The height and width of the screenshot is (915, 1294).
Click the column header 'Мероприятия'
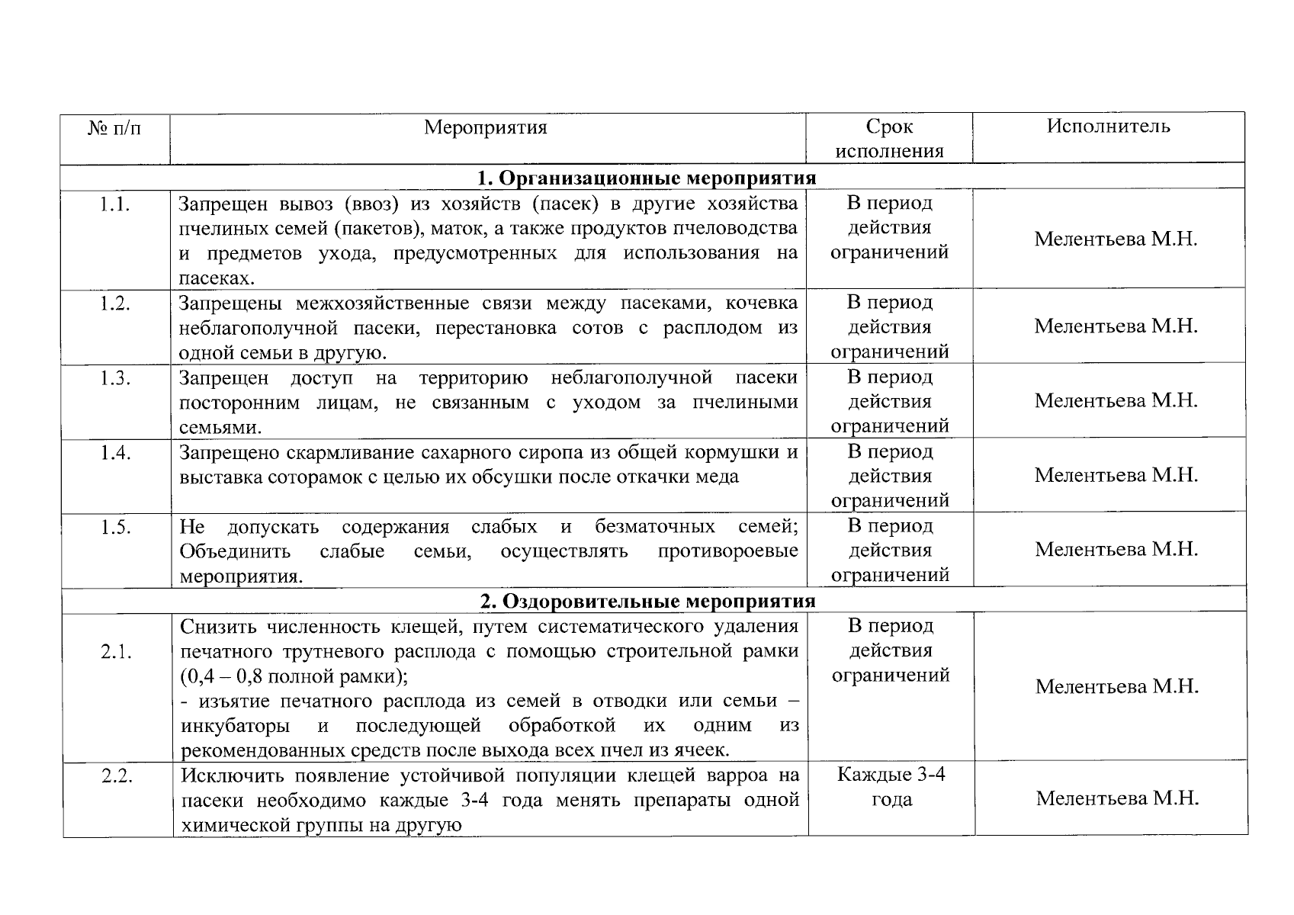[x=486, y=127]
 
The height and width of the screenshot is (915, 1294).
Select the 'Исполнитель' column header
[x=1108, y=127]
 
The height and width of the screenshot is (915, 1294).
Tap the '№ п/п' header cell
[x=114, y=128]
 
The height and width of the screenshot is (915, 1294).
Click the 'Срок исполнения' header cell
[x=889, y=139]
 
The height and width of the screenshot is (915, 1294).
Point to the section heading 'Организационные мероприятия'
[x=647, y=178]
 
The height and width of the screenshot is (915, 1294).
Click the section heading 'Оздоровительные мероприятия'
[x=647, y=601]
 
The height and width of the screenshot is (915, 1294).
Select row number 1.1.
[x=114, y=204]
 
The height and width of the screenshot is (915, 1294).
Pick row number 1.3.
[x=114, y=378]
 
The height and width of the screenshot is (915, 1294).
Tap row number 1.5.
[x=115, y=528]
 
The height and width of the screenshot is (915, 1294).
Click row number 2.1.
[x=116, y=652]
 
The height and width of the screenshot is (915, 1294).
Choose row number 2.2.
[x=117, y=777]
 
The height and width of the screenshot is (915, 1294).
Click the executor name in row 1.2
[x=1116, y=326]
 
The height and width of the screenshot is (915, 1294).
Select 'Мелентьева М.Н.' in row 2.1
[x=1117, y=687]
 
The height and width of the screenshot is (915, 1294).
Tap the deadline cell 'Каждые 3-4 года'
[x=891, y=788]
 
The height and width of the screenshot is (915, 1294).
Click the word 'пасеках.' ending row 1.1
[x=217, y=278]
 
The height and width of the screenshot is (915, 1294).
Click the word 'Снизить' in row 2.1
[x=218, y=627]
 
